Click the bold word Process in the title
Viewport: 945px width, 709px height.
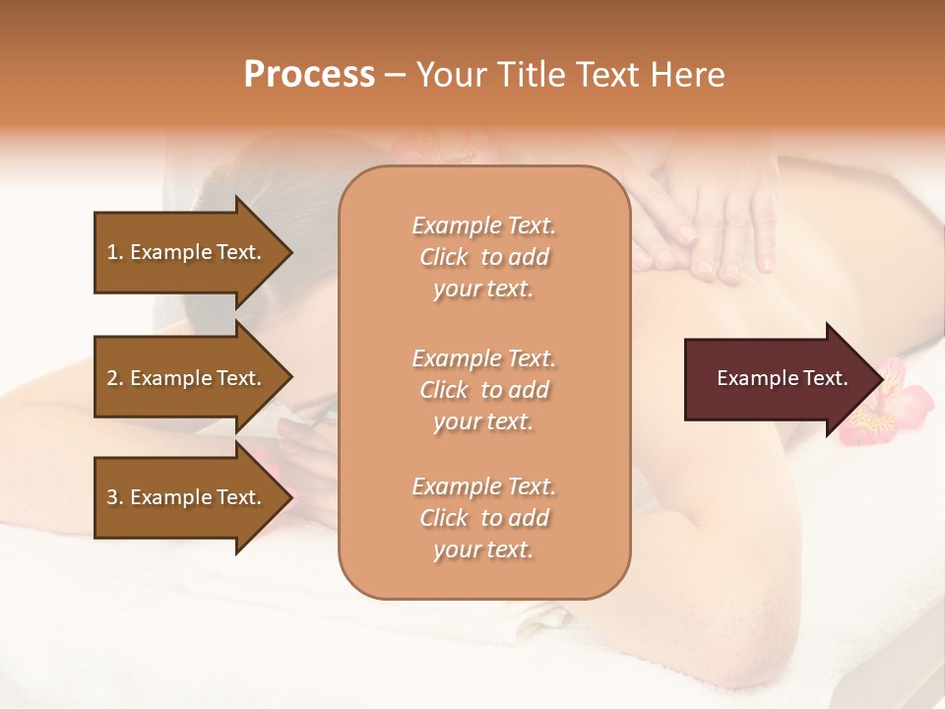click(309, 75)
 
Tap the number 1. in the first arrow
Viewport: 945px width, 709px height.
click(115, 252)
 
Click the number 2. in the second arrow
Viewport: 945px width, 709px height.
click(115, 378)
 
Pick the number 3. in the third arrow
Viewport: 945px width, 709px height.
click(115, 497)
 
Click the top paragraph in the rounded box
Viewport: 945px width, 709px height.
click(483, 257)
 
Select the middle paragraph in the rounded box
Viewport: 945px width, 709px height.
click(483, 390)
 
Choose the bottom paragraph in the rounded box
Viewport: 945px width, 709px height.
click(483, 518)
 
